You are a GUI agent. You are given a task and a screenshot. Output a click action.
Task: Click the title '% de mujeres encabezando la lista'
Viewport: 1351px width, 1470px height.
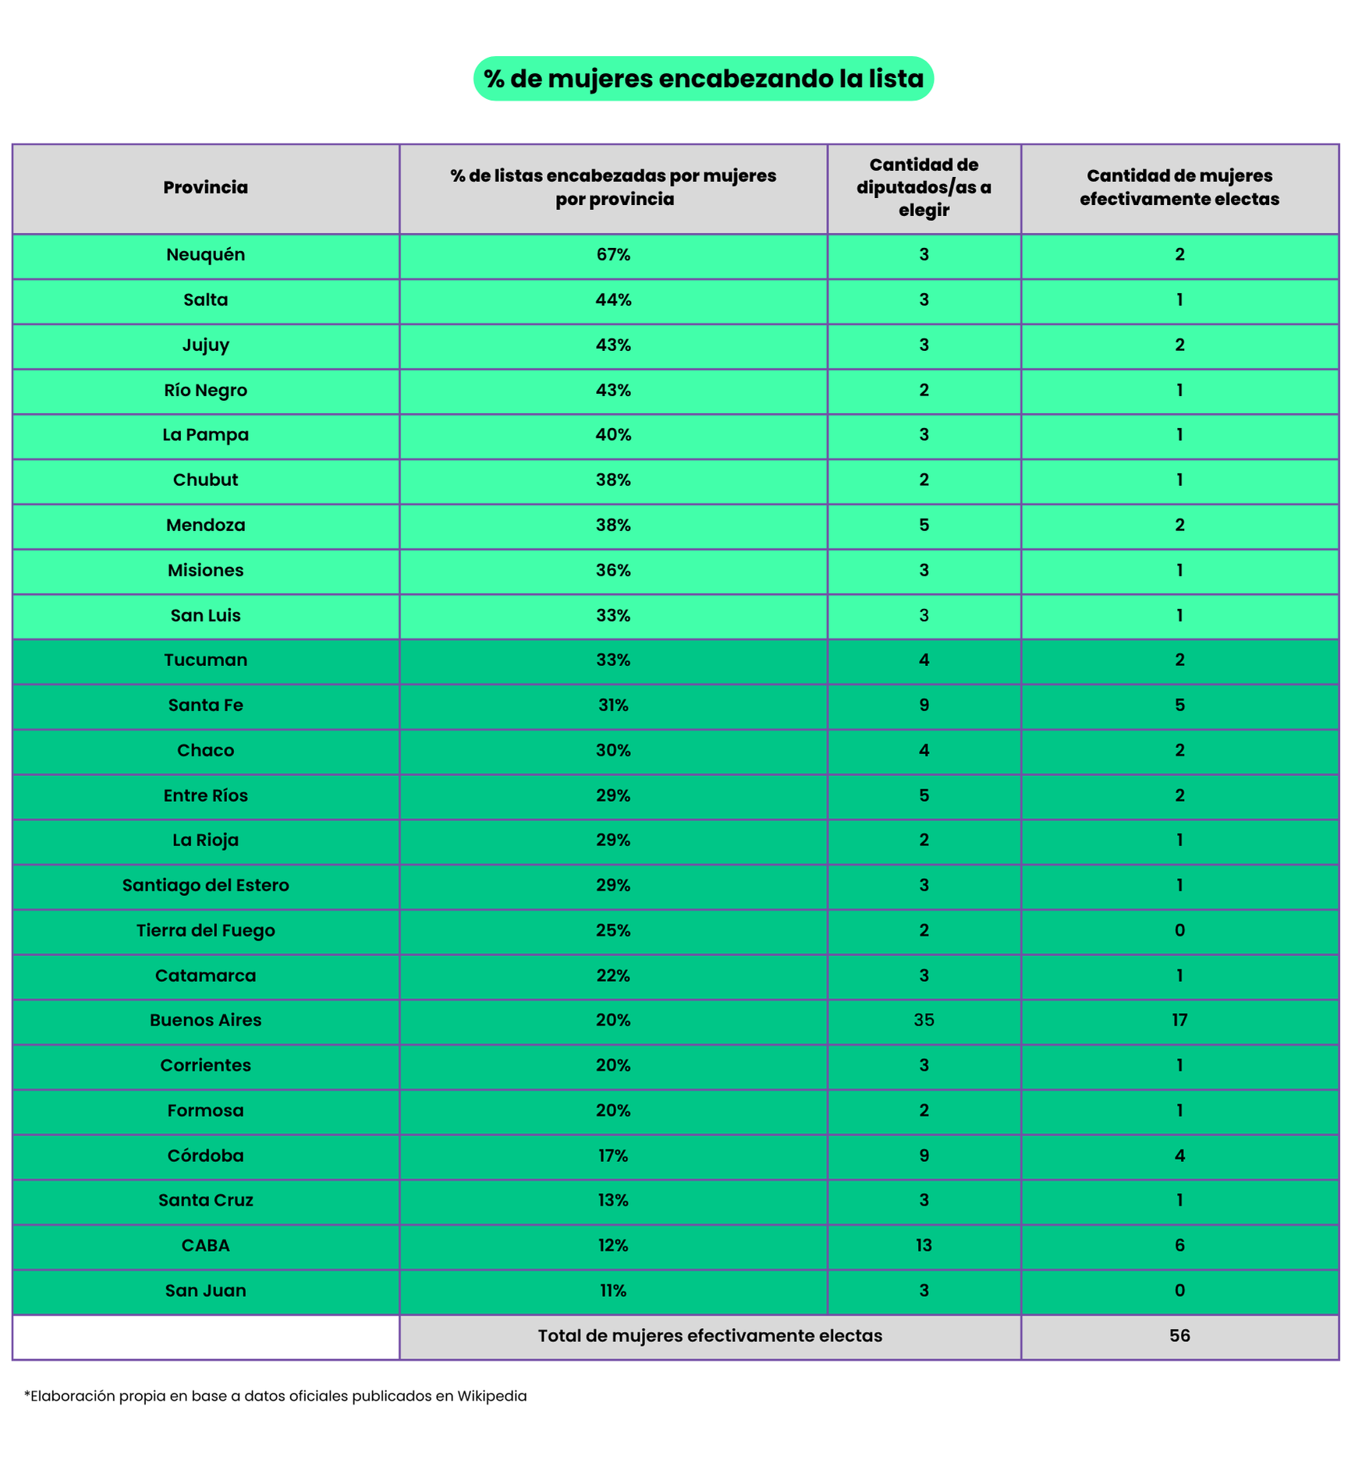(x=703, y=79)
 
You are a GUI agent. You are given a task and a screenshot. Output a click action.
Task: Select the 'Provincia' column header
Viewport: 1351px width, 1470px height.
(x=205, y=187)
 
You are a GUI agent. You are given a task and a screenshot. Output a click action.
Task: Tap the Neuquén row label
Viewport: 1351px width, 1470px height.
(x=205, y=254)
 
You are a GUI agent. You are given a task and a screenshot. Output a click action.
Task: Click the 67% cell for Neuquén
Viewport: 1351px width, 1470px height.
(x=613, y=254)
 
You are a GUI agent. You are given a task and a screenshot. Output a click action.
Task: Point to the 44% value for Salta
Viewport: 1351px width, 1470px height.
(x=613, y=299)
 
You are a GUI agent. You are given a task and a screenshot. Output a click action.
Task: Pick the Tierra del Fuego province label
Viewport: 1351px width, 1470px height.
(x=205, y=930)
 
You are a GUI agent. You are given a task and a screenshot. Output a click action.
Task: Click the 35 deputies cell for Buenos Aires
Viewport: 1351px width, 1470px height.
(x=924, y=1020)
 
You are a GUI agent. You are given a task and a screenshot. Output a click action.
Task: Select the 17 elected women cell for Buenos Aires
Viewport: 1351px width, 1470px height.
(x=1179, y=1020)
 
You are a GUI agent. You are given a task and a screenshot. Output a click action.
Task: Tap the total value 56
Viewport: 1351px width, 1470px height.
(x=1179, y=1336)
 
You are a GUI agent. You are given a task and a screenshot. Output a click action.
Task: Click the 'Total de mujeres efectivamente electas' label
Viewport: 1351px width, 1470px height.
(x=710, y=1336)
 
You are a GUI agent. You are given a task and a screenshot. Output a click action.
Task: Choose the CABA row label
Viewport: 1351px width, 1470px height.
(x=205, y=1245)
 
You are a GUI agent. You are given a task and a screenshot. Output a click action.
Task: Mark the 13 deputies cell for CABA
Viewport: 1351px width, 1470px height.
(x=924, y=1245)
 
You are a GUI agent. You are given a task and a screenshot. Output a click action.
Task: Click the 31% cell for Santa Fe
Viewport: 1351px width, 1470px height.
(x=613, y=705)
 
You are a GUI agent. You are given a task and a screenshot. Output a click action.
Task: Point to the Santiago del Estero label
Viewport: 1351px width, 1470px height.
(x=205, y=885)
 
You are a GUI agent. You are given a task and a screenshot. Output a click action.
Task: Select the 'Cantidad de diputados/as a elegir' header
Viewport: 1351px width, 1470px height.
(x=924, y=187)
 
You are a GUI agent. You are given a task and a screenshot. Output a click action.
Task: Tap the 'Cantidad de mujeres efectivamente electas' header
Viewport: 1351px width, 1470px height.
(x=1179, y=187)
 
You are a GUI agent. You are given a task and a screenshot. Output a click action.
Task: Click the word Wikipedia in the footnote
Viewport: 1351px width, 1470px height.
(x=491, y=1396)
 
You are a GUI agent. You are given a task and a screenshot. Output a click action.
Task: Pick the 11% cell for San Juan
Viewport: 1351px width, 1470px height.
(x=613, y=1291)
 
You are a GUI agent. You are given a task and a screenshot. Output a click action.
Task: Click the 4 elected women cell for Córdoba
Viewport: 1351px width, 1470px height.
(x=1179, y=1156)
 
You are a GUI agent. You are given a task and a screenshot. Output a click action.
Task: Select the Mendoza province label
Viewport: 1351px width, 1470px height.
(x=205, y=525)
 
